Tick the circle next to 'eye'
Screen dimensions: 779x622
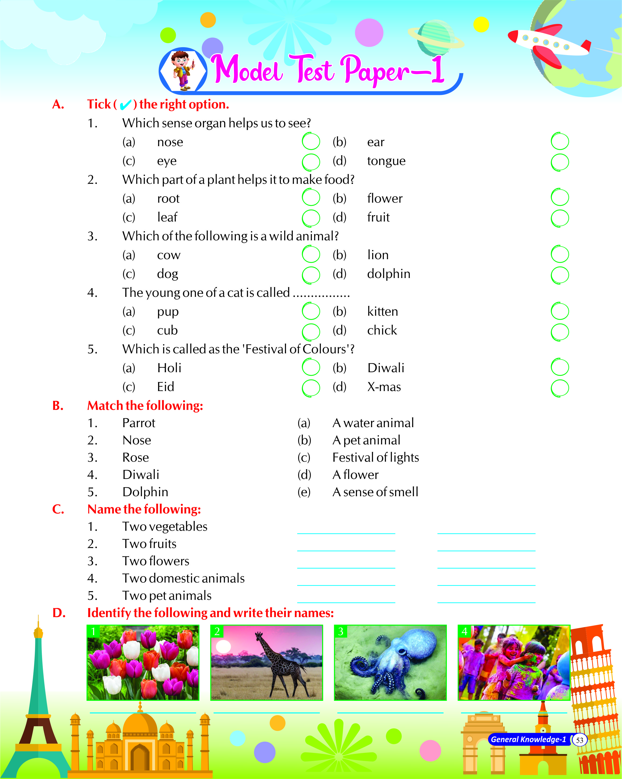tap(311, 162)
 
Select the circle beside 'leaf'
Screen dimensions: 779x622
tap(311, 218)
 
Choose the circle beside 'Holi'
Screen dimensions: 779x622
tap(311, 368)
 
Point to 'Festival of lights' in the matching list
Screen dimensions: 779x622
tap(375, 457)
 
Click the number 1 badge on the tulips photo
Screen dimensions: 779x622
tap(93, 631)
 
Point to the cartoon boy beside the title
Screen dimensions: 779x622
tap(183, 70)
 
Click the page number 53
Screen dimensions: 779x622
tap(579, 740)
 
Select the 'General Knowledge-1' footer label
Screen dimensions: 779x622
tap(528, 740)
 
